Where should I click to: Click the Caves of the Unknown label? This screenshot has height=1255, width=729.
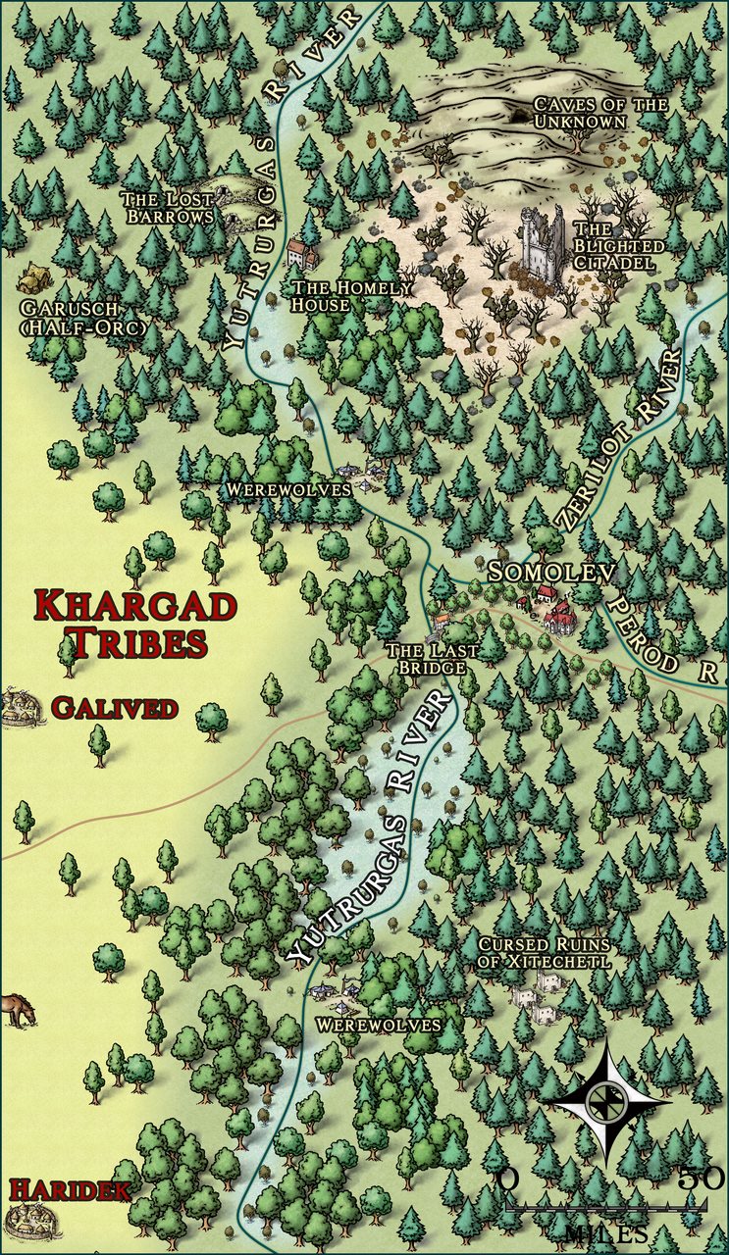click(x=587, y=113)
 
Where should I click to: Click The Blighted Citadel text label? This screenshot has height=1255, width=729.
click(x=618, y=236)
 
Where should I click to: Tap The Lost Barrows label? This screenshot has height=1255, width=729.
click(x=168, y=207)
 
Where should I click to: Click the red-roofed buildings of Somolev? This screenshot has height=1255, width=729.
click(x=557, y=610)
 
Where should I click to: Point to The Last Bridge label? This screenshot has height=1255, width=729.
click(x=432, y=658)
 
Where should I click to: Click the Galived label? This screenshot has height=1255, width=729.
click(x=115, y=707)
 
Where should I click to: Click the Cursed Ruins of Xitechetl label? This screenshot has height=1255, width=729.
click(x=544, y=953)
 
